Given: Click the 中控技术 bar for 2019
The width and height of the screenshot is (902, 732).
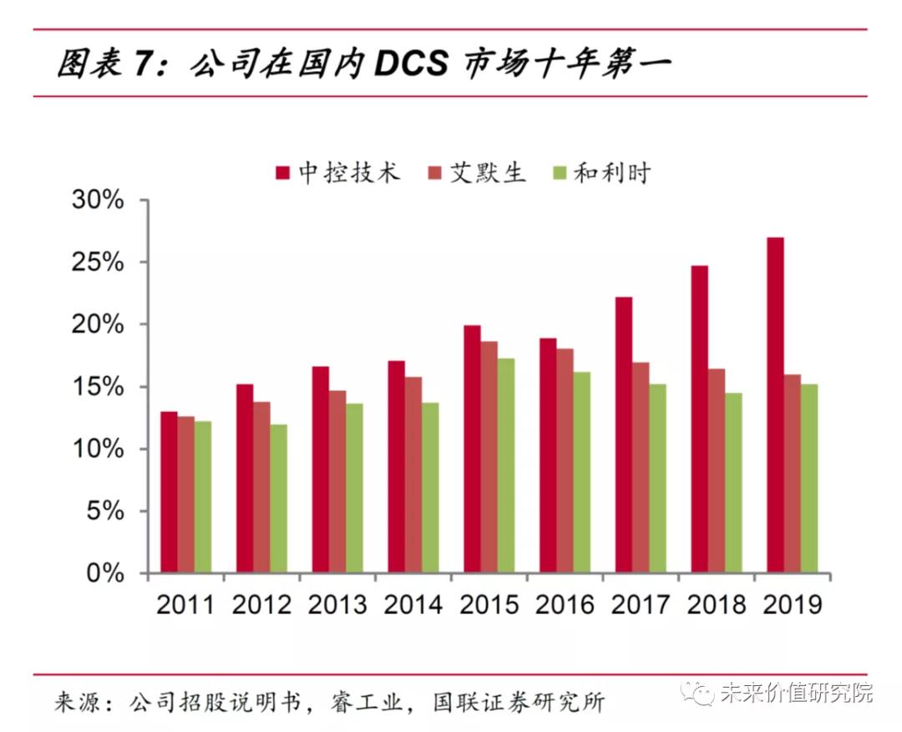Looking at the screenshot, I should click(775, 405).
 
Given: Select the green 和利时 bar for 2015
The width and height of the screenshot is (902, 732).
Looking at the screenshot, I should click(506, 466).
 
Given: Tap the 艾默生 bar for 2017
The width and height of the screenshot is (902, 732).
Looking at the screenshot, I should click(641, 468).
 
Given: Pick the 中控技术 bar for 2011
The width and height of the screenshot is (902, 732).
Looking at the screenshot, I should click(169, 492).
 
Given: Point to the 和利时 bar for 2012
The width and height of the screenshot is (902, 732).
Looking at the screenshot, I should click(278, 499).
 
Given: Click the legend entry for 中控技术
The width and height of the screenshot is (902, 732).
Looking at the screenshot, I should click(338, 173).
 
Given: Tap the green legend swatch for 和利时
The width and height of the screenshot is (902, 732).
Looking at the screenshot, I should click(560, 173).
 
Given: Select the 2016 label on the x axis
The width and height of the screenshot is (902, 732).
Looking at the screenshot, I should click(565, 604).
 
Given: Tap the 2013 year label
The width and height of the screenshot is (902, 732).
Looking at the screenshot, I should click(337, 604).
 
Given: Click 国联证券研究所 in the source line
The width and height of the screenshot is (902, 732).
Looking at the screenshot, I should click(518, 700).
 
